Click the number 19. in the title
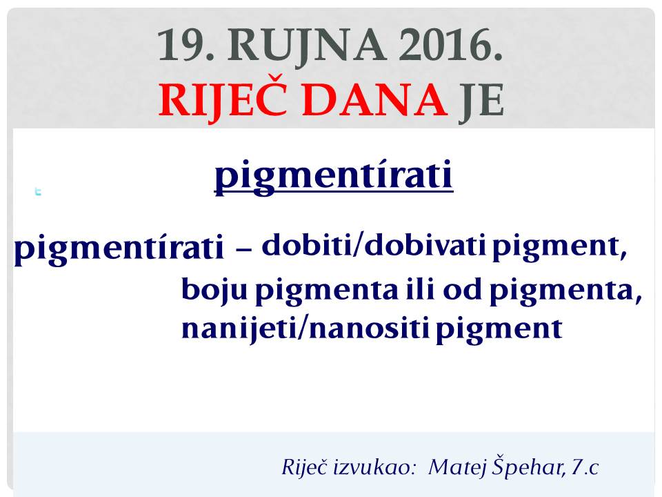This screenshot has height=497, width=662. (185, 46)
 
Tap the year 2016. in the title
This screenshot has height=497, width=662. (451, 46)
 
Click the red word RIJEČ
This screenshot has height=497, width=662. (223, 101)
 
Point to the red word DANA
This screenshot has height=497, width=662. (375, 100)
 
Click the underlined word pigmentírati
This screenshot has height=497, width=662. (334, 176)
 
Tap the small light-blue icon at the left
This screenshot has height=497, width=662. (38, 191)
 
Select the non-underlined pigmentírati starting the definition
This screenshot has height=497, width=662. (119, 248)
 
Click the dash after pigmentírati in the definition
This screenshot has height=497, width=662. (243, 250)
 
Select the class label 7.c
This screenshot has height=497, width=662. (585, 467)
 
